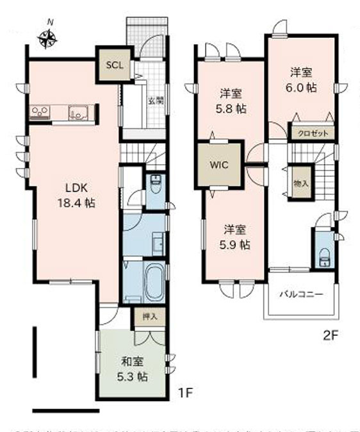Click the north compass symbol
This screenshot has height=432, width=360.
pos(47,40)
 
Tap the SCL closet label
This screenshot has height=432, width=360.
pos(113,65)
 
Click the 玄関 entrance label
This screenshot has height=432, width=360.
pos(156,100)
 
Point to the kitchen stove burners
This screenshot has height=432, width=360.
pos(40,113)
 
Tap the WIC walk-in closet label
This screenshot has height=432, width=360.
pos(219,163)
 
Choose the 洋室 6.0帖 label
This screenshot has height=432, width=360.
pos(300,79)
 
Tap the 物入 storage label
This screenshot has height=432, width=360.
pos(300,181)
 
